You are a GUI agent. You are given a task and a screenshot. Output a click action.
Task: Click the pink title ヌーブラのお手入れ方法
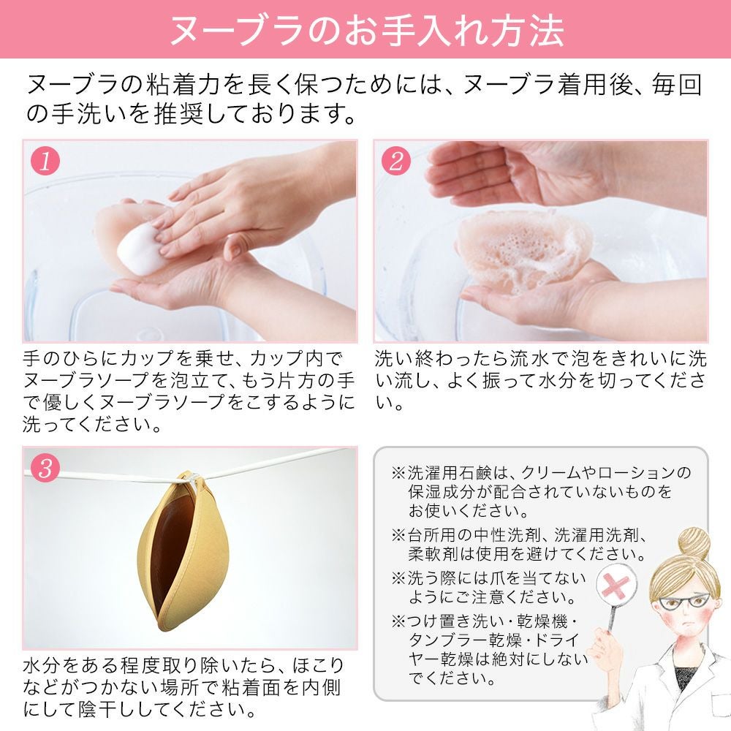[365, 30]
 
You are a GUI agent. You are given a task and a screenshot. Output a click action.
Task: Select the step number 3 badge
[45, 469]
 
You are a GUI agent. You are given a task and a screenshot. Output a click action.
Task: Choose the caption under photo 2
[541, 381]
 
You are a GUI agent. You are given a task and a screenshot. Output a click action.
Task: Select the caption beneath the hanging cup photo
[183, 688]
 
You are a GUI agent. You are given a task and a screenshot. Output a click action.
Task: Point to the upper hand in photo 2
[512, 172]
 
